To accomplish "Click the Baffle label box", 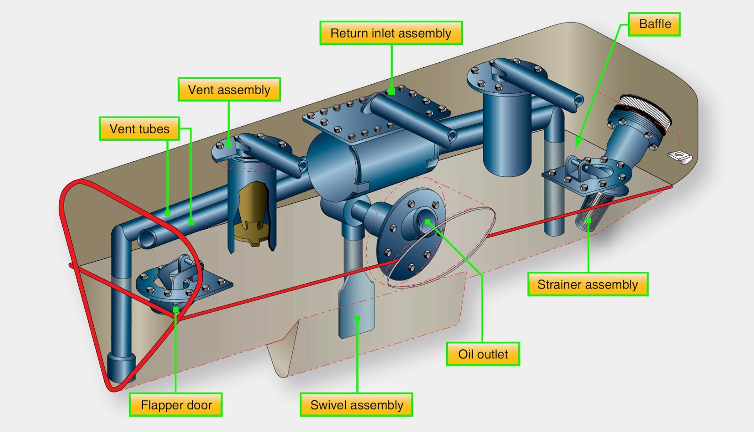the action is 655,24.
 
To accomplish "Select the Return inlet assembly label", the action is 391,33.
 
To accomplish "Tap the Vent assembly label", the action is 229,89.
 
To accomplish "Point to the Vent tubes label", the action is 139,128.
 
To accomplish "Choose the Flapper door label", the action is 176,405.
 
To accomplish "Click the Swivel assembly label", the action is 356,405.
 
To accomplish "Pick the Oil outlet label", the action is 483,354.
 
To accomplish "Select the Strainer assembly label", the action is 588,284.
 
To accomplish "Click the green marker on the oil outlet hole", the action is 427,222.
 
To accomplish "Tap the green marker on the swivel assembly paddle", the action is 358,319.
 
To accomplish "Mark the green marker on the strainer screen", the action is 588,221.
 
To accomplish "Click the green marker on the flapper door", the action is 176,309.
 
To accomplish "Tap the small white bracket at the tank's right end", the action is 680,157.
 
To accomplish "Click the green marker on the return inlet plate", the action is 391,91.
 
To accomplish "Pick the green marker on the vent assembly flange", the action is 229,144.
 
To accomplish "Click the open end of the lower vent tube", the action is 147,239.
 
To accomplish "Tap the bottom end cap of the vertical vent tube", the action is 122,368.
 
